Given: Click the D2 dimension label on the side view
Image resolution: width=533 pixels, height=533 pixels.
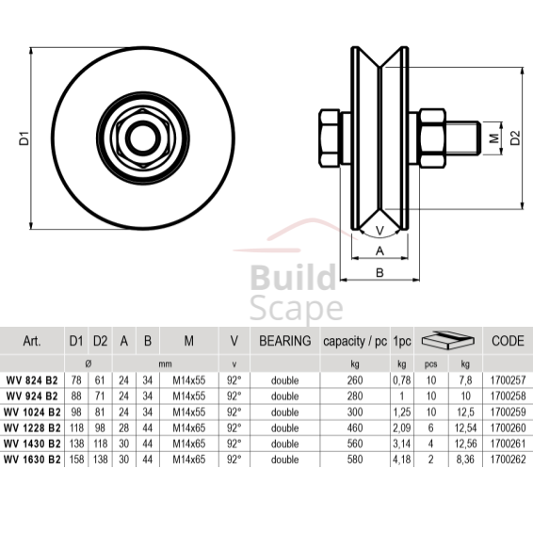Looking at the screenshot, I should coord(515,138).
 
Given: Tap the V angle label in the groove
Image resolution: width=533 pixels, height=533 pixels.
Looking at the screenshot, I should coord(380,231).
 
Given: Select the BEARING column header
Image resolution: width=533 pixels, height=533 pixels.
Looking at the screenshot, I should coord(284,341).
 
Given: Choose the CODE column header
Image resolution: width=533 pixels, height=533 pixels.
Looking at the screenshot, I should coord(508,341).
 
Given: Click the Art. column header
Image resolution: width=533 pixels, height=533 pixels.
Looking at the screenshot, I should coord(31,341).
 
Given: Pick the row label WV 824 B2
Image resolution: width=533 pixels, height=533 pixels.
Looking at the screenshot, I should coord(33,379).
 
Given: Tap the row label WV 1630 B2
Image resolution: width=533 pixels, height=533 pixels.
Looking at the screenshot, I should coord(33,460).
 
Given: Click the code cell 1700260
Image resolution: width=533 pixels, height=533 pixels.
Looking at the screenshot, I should coord(508,428).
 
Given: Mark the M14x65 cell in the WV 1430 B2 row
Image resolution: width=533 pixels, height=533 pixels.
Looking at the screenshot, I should coord(189,444).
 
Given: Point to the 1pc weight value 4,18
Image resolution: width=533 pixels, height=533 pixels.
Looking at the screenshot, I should coord(401,460).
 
